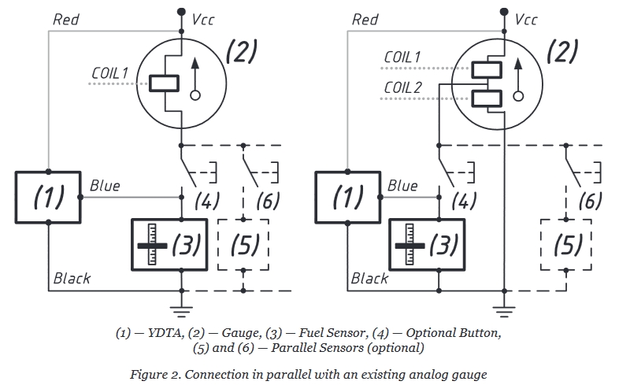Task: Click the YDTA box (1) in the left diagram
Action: (48, 197)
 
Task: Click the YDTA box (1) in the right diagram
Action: (347, 197)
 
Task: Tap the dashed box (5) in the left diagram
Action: (243, 246)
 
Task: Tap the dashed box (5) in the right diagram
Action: (566, 246)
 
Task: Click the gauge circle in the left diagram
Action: (181, 82)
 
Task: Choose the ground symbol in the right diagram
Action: (504, 305)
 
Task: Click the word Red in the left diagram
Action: (66, 18)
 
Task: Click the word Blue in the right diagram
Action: (402, 186)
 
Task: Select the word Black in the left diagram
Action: (72, 278)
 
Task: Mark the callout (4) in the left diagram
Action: (207, 201)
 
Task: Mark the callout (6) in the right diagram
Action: (589, 201)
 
